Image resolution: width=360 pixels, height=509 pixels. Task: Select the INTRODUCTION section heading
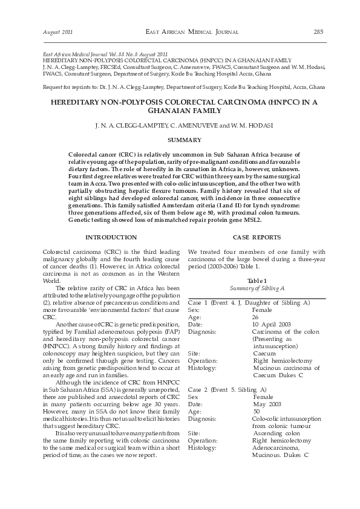click(111, 237)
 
